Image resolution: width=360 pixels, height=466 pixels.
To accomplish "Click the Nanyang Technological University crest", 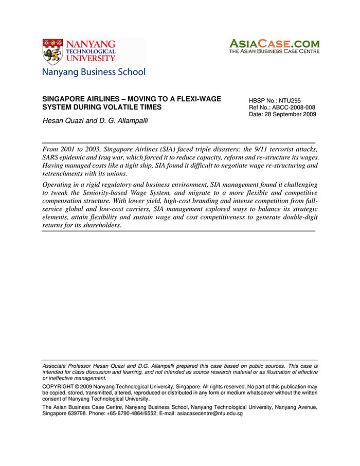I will [x=52, y=51].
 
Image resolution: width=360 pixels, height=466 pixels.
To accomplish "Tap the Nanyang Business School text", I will [x=94, y=72].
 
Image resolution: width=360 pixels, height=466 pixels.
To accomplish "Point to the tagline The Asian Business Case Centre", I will [x=274, y=51].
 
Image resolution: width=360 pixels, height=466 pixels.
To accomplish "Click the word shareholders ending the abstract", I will [x=100, y=225].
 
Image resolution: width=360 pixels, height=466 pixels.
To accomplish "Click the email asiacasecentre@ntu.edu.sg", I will [x=210, y=413].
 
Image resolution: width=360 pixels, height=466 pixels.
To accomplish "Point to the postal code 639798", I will [x=78, y=413].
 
